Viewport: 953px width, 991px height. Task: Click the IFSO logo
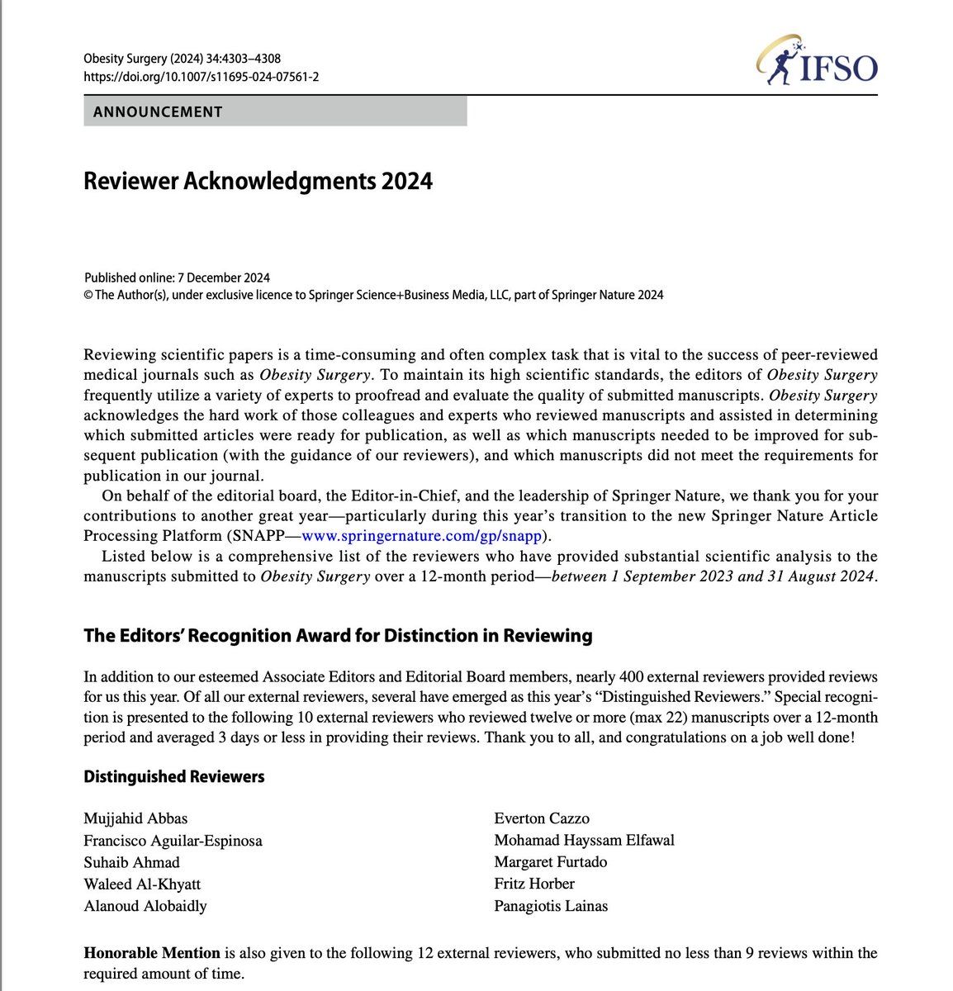pos(817,64)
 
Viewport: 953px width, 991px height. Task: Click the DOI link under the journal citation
pos(202,77)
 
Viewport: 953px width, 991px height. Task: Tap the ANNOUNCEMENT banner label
pos(158,111)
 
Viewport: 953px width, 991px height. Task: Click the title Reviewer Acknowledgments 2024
pos(258,181)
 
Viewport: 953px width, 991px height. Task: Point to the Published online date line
pos(177,277)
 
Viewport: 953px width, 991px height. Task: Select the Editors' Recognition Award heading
pos(338,635)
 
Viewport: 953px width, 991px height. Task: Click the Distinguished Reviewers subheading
pos(174,776)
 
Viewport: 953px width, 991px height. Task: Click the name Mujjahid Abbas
pos(135,818)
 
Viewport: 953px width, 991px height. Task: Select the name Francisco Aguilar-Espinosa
pos(173,841)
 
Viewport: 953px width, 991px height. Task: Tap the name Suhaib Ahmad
pos(131,862)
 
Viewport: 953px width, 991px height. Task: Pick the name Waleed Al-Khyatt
pos(142,884)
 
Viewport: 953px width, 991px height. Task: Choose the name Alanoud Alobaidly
pos(145,905)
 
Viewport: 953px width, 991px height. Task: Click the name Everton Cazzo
pos(542,818)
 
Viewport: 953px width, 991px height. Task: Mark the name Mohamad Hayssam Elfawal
pos(584,841)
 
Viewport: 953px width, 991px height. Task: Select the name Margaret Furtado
pos(550,862)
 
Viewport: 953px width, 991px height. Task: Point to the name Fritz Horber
pos(534,884)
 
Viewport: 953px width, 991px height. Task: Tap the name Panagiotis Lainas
pos(551,905)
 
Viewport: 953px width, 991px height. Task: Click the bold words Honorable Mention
pos(152,953)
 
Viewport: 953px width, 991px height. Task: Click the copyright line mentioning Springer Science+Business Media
pos(373,295)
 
